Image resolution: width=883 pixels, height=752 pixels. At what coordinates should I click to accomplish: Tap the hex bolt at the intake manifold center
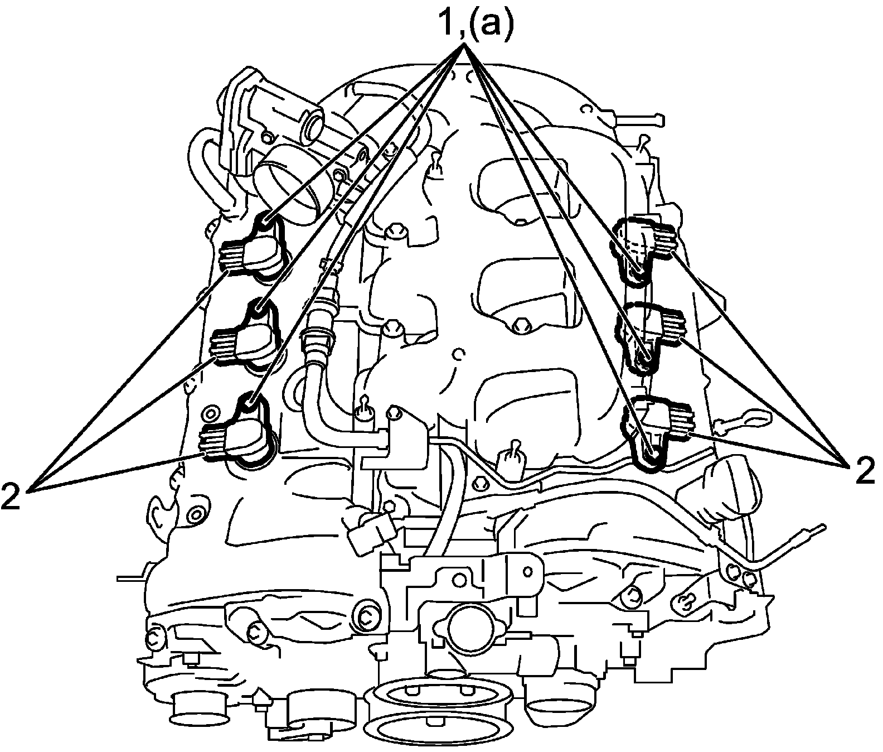(520, 325)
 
